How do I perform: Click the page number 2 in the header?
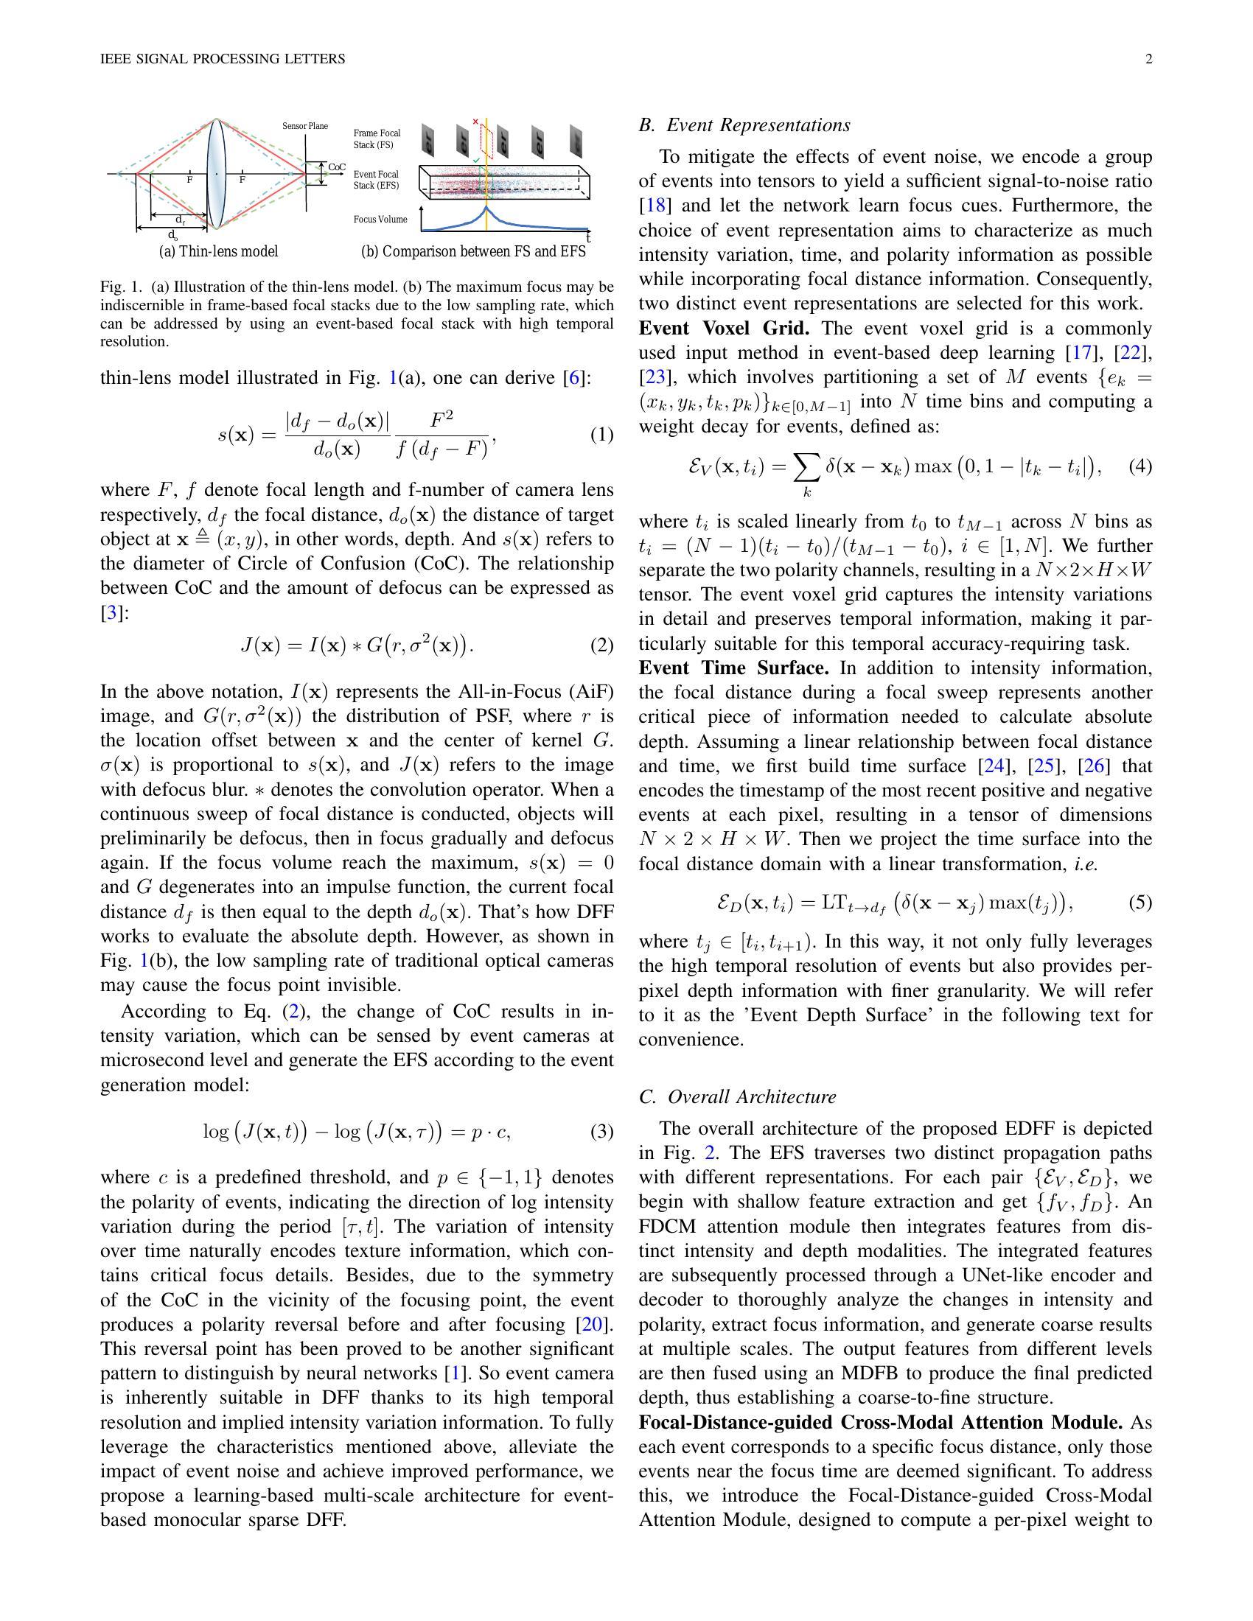pyautogui.click(x=1148, y=60)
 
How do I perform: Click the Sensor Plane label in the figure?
pyautogui.click(x=304, y=126)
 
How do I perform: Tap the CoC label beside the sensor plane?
pyautogui.click(x=337, y=167)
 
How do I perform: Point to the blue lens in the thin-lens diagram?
pyautogui.click(x=216, y=174)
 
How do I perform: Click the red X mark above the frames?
pyautogui.click(x=475, y=122)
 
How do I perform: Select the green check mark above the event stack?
pyautogui.click(x=475, y=160)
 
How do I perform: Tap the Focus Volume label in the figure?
pyautogui.click(x=380, y=220)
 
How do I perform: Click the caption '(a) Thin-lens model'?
pyautogui.click(x=218, y=251)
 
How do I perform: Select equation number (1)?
pyautogui.click(x=601, y=435)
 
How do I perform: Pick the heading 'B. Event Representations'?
pyautogui.click(x=744, y=125)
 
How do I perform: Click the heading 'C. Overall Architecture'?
pyautogui.click(x=737, y=1097)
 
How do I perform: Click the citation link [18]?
pyautogui.click(x=655, y=206)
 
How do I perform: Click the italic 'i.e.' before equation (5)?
pyautogui.click(x=1085, y=864)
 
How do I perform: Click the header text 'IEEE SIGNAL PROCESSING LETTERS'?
pyautogui.click(x=223, y=60)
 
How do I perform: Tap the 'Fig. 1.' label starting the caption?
pyautogui.click(x=121, y=287)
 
